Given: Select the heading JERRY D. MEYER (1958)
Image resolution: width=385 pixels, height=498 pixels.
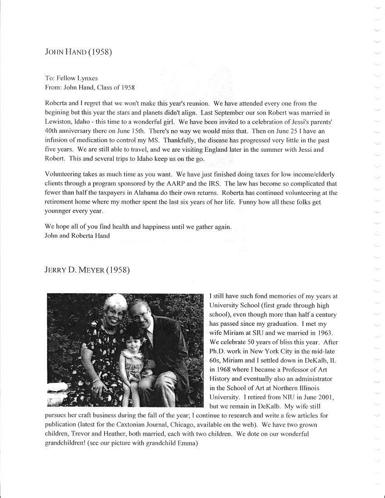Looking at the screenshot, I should [x=87, y=271].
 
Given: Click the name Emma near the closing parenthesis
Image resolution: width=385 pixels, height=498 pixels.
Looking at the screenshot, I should [x=187, y=443].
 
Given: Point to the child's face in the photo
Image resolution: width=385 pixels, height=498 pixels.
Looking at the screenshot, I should [x=135, y=339].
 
